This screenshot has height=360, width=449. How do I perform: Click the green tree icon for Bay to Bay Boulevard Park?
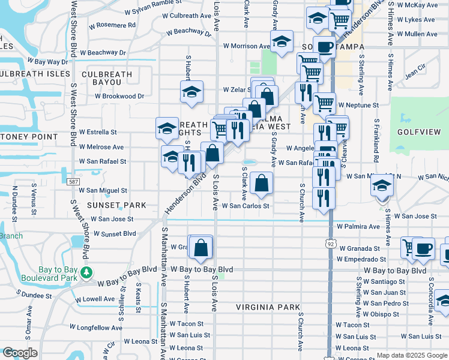pos(86,272)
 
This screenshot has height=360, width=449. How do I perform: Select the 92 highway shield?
pos(330,244)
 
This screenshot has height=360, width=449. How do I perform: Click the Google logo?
pos(20,353)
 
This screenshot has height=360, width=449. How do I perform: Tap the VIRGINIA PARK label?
pos(267,307)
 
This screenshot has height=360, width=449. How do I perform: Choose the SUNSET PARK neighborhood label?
pos(116,205)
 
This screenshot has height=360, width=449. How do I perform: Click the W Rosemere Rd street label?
pos(112,26)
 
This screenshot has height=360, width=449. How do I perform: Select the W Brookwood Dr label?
pos(119,96)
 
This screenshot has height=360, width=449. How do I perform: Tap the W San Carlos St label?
pos(245,205)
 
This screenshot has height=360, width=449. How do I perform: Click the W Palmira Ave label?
pos(358,227)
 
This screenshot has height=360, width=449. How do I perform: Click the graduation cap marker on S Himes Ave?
pos(381,185)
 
